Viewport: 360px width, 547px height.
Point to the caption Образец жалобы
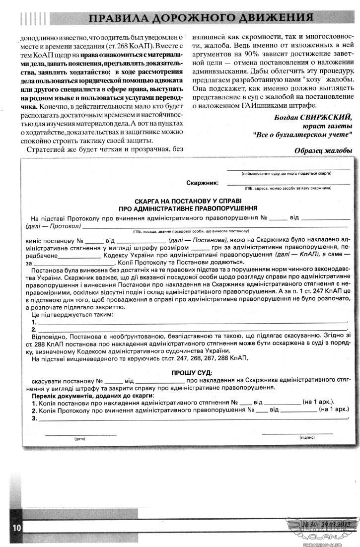[323, 150]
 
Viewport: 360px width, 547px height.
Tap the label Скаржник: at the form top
[202, 183]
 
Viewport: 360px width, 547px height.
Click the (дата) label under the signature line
[80, 438]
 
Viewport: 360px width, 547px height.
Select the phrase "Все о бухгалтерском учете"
[302, 135]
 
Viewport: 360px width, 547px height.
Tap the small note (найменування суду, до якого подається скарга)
[287, 174]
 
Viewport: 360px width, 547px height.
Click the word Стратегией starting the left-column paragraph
[46, 149]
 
